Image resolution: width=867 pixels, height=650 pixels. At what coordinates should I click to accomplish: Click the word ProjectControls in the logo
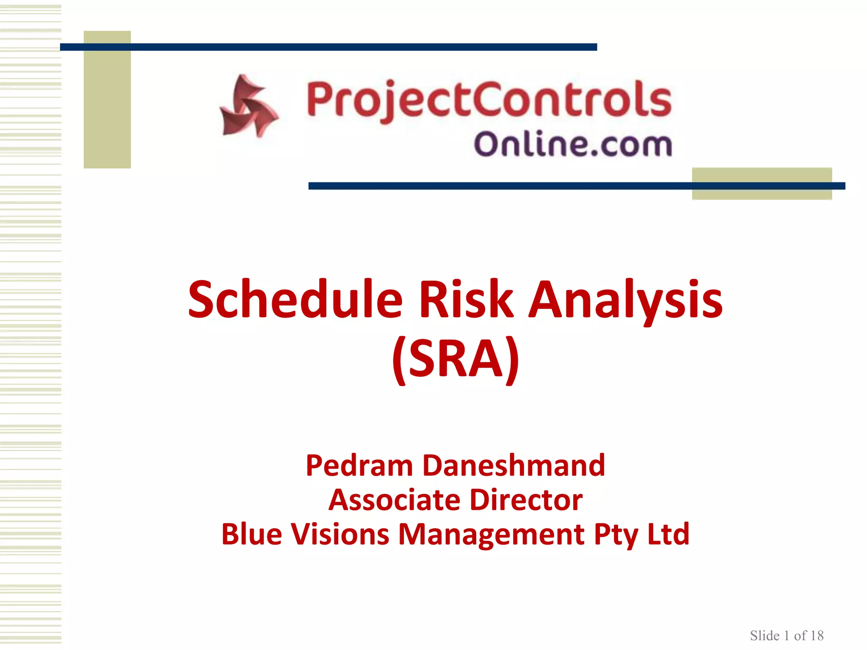point(489,100)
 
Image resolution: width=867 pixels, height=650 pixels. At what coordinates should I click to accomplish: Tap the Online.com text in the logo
point(572,144)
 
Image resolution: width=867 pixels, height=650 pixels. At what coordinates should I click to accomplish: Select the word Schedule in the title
point(295,300)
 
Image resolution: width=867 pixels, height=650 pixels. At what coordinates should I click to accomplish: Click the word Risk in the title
point(466,300)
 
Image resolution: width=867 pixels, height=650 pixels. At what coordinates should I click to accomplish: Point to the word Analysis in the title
point(626,300)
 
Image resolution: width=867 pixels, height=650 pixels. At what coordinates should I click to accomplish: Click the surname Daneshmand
point(514,465)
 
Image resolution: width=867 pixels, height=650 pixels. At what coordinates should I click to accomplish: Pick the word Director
point(526,500)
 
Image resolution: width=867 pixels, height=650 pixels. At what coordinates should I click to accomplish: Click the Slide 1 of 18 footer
point(787,636)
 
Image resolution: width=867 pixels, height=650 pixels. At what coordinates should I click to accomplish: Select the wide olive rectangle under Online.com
point(762,194)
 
